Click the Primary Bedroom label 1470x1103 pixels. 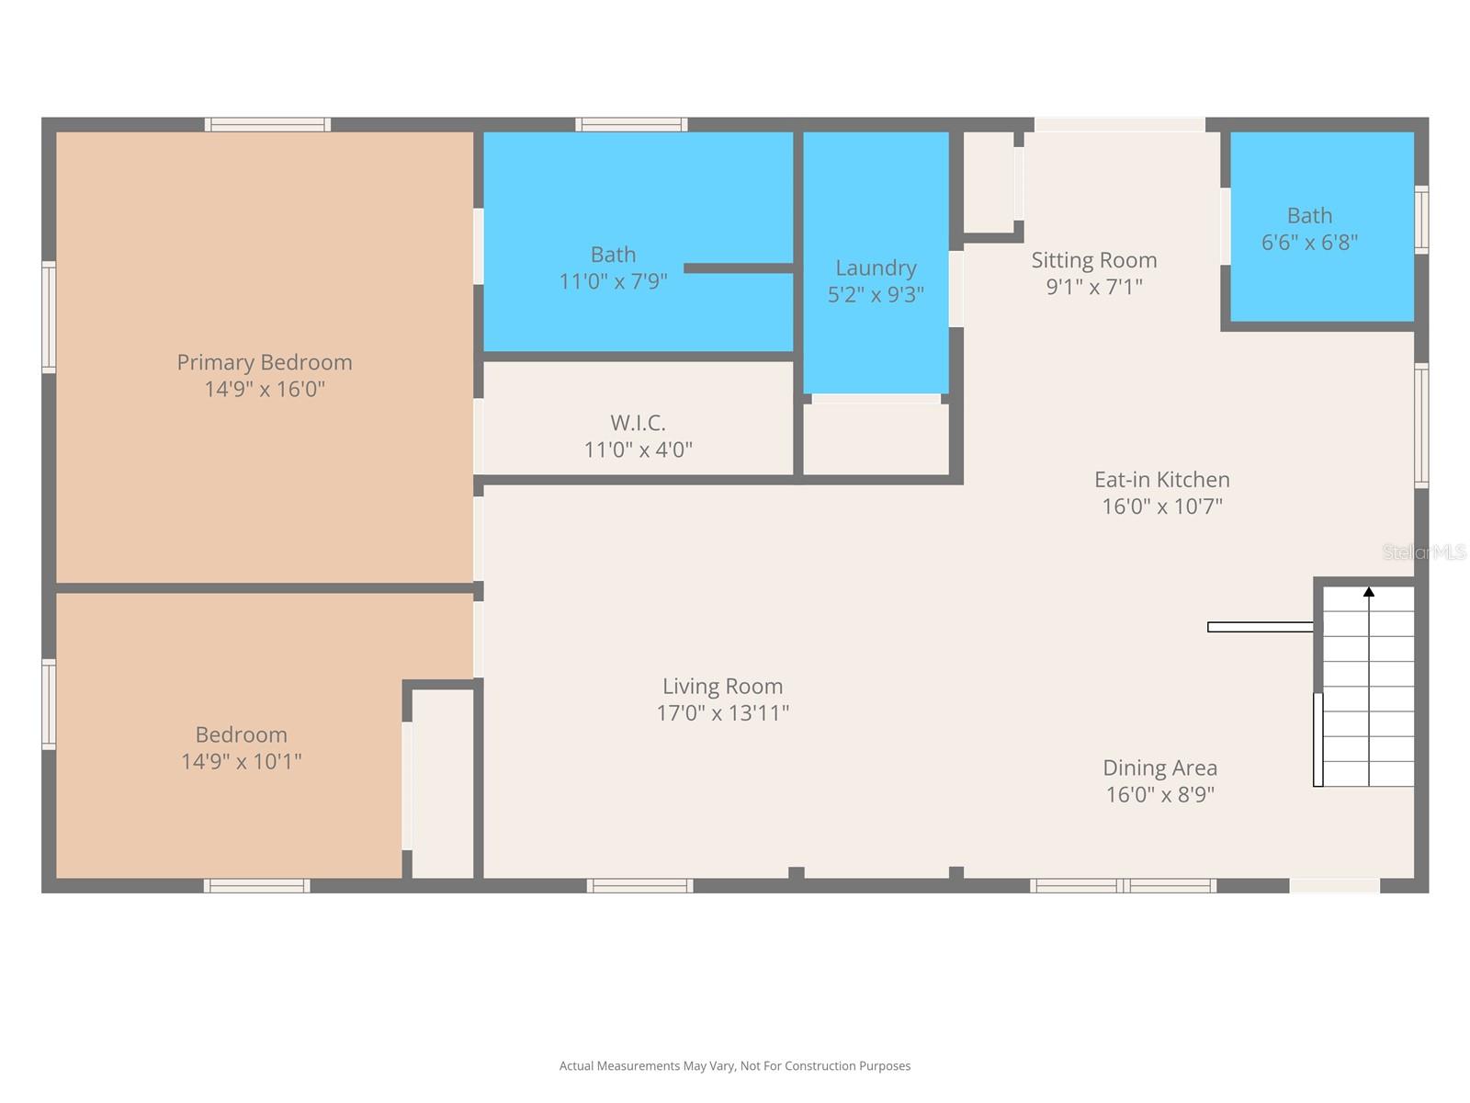pos(265,362)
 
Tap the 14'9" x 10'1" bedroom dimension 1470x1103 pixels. pos(242,761)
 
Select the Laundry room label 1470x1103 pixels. pos(876,267)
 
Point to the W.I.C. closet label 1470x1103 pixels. pos(638,423)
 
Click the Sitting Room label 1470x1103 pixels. pos(1093,260)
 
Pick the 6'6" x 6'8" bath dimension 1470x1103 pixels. pos(1309,243)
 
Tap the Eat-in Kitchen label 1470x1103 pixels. pos(1161,480)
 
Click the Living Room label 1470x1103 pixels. pos(722,687)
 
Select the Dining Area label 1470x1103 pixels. pos(1159,768)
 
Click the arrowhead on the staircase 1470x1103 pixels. pos(1369,592)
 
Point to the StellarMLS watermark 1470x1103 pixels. pos(1423,552)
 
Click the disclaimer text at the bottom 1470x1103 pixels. pos(735,1066)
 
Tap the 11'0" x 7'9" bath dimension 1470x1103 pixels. pos(613,281)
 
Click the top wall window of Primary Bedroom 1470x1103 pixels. pos(267,124)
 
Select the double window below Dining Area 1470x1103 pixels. pos(1123,886)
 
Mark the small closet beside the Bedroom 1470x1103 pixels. pos(443,781)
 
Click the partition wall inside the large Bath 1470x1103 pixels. pos(738,268)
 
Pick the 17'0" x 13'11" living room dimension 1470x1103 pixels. pos(722,713)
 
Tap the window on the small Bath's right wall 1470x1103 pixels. pos(1421,219)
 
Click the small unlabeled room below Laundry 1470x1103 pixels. pos(876,439)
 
